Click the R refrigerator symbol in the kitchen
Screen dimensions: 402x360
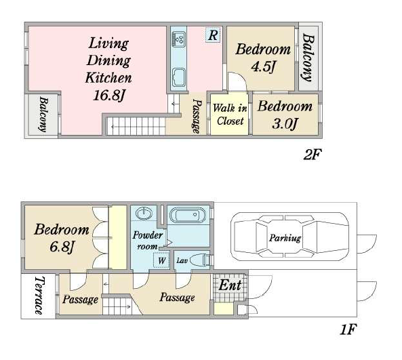click(213, 35)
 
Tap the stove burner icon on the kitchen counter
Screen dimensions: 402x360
click(179, 39)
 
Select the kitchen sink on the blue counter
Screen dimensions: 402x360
click(179, 77)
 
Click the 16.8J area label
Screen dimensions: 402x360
click(108, 95)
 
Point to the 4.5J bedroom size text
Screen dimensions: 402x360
click(263, 66)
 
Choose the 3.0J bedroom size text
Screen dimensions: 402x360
click(285, 124)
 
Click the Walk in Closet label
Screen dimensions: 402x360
click(230, 115)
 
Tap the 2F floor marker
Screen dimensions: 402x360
click(313, 155)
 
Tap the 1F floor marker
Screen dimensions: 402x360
click(348, 329)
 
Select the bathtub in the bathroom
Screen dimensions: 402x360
click(188, 215)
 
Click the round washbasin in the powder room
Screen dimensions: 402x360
click(144, 213)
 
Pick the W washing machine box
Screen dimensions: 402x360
click(161, 260)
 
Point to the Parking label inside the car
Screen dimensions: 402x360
click(285, 238)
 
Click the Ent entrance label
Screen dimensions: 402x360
click(230, 285)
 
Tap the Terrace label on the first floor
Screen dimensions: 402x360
click(39, 295)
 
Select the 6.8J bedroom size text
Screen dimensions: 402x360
click(62, 247)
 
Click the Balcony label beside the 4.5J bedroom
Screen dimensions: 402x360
click(308, 58)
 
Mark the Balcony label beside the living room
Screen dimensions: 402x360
click(43, 114)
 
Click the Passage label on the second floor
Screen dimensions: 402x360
click(197, 116)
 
